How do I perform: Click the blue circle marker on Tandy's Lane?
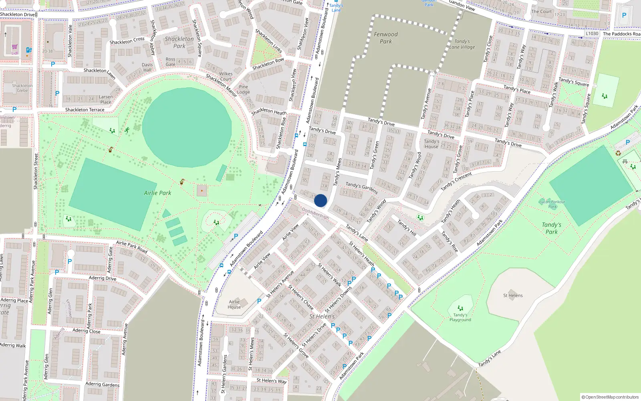click(320, 200)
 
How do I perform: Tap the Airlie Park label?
click(157, 193)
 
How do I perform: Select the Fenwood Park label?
click(386, 38)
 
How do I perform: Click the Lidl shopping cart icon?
click(15, 47)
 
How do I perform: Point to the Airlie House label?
click(234, 304)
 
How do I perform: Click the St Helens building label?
click(513, 296)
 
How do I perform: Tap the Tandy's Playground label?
click(460, 317)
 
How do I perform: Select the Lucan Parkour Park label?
click(552, 204)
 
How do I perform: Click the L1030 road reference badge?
click(592, 34)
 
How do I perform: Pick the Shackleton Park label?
click(179, 42)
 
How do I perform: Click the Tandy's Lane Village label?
click(462, 44)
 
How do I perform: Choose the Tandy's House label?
click(431, 144)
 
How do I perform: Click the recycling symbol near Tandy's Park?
click(618, 153)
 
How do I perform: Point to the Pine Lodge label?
click(243, 89)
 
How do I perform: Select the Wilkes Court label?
click(226, 76)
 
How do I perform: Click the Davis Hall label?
click(147, 67)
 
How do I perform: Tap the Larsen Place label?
click(106, 99)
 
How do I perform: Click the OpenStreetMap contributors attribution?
click(610, 397)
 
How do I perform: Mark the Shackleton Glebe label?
click(22, 88)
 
